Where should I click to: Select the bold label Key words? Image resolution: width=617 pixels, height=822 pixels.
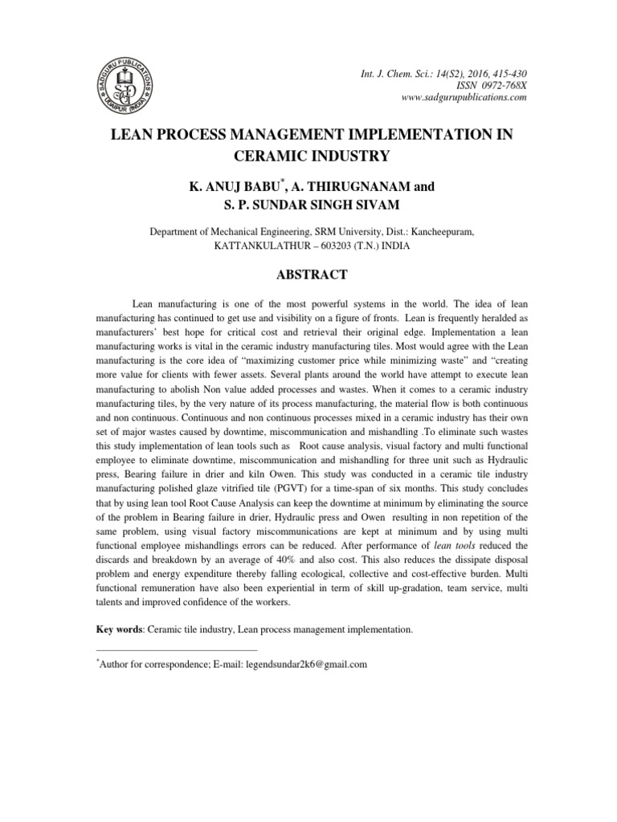[117, 630]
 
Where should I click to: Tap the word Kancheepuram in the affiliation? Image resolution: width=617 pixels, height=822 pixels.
[440, 231]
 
